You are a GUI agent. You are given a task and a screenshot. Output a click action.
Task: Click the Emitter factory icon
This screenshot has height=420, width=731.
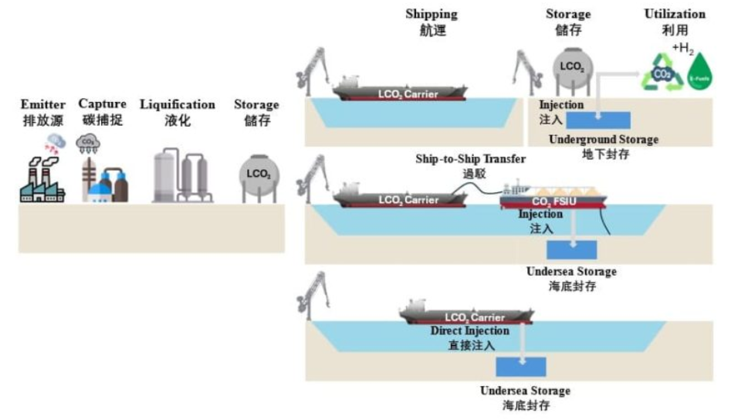point(40,179)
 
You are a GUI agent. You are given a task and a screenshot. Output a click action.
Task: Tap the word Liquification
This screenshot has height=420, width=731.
point(177,104)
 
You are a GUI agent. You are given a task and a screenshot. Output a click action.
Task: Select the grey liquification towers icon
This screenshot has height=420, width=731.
point(183,175)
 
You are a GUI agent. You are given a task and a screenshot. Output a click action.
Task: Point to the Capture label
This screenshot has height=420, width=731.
point(102,104)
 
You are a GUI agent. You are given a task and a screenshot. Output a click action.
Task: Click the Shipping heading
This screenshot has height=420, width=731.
point(431,15)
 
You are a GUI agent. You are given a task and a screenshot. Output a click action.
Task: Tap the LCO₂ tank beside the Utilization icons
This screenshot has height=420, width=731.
point(570,67)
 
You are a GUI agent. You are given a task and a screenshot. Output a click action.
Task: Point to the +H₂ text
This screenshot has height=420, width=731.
point(683,49)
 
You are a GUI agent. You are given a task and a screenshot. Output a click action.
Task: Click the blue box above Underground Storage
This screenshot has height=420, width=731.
point(597,120)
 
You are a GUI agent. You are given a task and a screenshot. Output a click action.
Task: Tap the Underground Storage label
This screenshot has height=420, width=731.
point(603,140)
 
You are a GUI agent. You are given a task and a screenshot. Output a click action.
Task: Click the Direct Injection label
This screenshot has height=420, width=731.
point(469,331)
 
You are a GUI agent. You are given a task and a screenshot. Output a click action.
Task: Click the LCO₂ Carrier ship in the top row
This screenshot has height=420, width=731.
point(398,90)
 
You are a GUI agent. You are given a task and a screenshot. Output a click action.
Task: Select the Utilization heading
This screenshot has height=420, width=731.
point(675,15)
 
